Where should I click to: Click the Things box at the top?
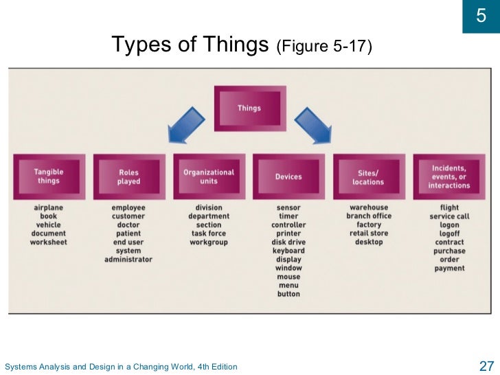(x=249, y=109)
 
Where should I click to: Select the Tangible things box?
(x=49, y=177)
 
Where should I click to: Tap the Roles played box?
(x=128, y=177)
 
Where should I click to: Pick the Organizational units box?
(x=209, y=177)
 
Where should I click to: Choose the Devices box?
(x=288, y=177)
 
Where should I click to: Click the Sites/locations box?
(x=369, y=177)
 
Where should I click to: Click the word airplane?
(x=49, y=207)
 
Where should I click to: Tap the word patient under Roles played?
(x=128, y=234)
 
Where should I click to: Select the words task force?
(x=209, y=234)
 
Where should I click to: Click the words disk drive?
(x=288, y=242)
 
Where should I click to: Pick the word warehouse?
(x=369, y=207)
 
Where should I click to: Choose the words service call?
(x=450, y=216)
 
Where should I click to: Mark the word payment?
(x=450, y=269)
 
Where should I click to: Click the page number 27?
(x=486, y=365)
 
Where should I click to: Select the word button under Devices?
(x=288, y=294)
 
